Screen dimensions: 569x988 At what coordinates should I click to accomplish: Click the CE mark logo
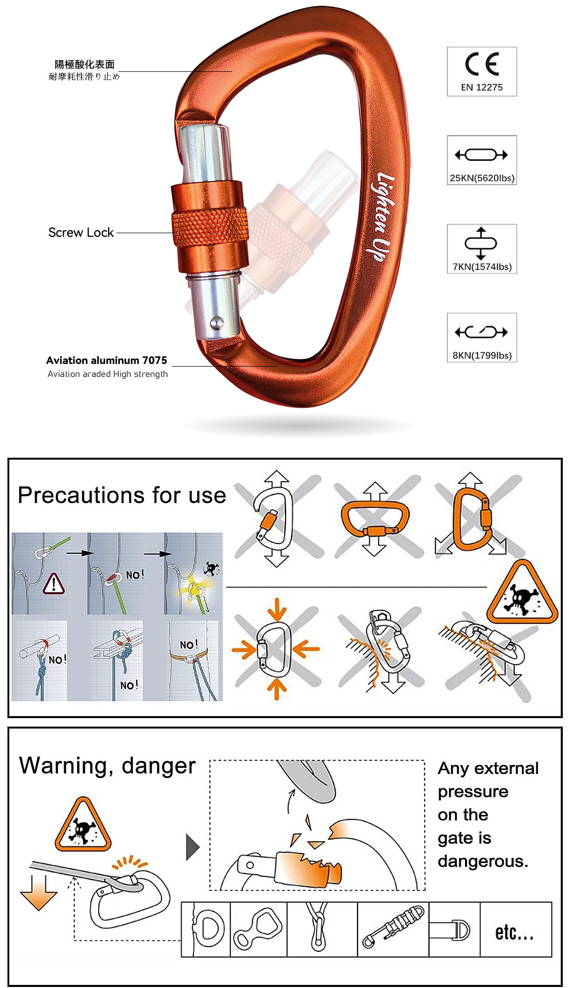482,64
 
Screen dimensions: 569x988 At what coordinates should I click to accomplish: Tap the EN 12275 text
482,87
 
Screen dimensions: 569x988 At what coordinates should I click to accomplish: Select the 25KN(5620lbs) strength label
482,178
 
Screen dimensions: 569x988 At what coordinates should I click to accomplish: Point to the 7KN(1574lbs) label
482,267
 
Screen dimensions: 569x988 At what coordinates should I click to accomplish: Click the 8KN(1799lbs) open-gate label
482,355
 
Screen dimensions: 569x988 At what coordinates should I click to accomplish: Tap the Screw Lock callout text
81,233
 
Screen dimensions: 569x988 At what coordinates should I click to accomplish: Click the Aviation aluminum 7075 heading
107,360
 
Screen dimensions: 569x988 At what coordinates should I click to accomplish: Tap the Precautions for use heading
122,495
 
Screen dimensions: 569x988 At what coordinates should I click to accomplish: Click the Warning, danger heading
108,766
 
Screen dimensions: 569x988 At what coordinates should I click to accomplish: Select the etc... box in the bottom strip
516,929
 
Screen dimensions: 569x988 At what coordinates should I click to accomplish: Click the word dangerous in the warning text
483,861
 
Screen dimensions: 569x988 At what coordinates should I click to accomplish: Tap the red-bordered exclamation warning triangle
54,584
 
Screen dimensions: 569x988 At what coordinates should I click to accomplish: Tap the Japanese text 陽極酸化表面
85,65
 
